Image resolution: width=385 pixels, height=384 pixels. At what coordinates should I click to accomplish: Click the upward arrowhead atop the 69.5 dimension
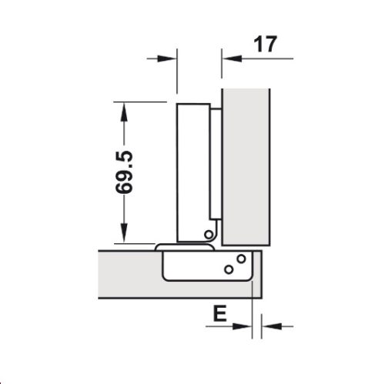[122, 108]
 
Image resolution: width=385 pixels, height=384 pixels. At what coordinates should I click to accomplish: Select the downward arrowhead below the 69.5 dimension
[122, 236]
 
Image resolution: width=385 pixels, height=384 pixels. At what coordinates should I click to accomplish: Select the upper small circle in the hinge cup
[241, 259]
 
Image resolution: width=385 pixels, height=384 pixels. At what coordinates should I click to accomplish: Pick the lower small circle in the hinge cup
[229, 269]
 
